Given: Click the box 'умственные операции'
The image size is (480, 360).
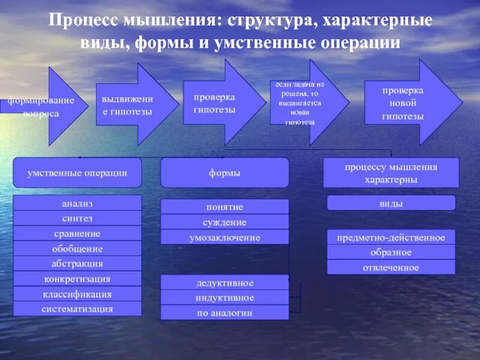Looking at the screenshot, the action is tap(77, 173).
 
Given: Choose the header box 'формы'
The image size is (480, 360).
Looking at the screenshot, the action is tap(225, 173).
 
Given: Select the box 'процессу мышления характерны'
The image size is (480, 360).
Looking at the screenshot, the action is tap(391, 173).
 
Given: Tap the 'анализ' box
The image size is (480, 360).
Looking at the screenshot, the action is tap(77, 203).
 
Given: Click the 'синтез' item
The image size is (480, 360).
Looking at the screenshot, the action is tap(77, 218).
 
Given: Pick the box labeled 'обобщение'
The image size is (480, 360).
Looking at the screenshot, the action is tap(77, 248).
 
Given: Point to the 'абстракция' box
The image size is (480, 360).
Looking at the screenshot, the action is tap(77, 263).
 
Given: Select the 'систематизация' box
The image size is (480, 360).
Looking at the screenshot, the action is tap(77, 309).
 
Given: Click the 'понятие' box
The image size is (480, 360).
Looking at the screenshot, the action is tap(225, 207).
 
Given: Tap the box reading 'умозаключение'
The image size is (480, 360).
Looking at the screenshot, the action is tap(225, 238).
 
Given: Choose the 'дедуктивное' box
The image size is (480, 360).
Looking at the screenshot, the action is tap(225, 283).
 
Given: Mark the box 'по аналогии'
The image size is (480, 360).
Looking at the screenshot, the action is tap(225, 313).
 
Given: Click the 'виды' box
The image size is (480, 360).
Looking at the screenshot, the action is tap(391, 203).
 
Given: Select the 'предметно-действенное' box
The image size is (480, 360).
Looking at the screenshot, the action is tap(391, 238).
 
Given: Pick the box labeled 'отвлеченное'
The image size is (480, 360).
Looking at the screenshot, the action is tap(391, 268).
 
